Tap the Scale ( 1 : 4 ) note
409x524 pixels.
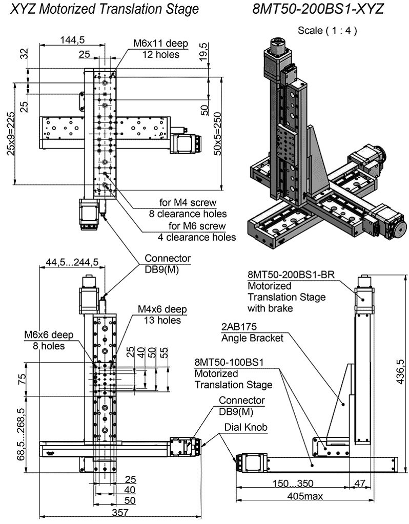[327, 31]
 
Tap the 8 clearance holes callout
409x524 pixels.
[188, 213]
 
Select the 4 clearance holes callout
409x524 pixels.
[197, 237]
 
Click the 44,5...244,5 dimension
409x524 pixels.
[72, 262]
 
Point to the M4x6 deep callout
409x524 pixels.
[162, 309]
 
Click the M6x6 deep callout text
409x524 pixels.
[49, 335]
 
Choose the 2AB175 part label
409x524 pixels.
[239, 326]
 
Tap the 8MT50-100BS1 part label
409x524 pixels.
[229, 363]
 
